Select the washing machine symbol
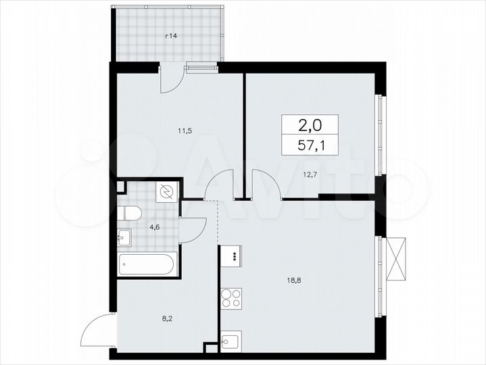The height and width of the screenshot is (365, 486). tap(166, 192)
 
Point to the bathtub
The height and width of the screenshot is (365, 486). tap(147, 264)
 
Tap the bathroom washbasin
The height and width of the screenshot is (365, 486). tap(125, 237)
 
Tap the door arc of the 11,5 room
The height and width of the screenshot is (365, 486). tap(220, 186)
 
